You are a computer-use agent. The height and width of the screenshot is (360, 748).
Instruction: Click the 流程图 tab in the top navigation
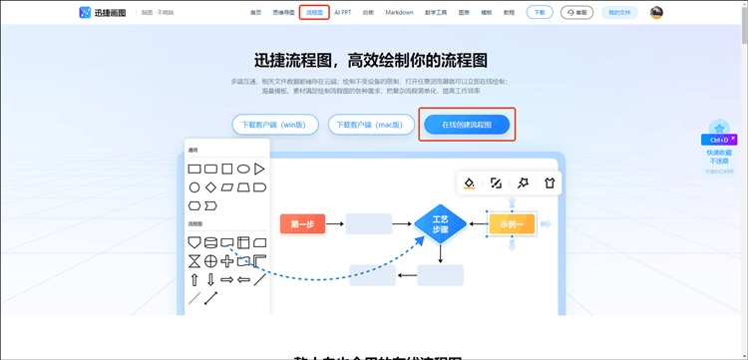click(x=314, y=13)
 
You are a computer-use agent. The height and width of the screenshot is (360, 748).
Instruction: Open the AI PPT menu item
click(x=343, y=13)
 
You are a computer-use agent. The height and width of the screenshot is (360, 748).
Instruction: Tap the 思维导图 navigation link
click(x=284, y=13)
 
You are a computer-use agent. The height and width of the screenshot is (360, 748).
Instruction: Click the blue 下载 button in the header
click(x=539, y=13)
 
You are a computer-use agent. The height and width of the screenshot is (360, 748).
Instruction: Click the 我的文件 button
click(x=619, y=13)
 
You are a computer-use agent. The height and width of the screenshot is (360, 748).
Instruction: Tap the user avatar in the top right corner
click(x=657, y=13)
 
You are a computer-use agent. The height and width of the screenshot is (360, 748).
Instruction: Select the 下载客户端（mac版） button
click(x=369, y=125)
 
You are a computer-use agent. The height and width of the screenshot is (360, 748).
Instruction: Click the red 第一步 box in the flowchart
click(x=302, y=224)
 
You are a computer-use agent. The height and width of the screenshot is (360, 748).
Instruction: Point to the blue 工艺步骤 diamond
click(x=440, y=223)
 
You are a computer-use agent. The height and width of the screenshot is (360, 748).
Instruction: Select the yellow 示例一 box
click(x=512, y=224)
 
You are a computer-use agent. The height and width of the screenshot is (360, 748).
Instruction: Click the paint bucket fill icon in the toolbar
click(x=469, y=183)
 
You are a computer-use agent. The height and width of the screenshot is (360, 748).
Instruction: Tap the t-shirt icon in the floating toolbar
click(x=548, y=183)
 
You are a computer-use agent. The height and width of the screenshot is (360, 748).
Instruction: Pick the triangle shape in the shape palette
click(x=259, y=169)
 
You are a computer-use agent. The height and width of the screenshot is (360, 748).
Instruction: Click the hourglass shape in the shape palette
click(x=194, y=261)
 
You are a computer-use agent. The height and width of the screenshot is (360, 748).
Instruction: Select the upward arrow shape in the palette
click(x=194, y=279)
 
